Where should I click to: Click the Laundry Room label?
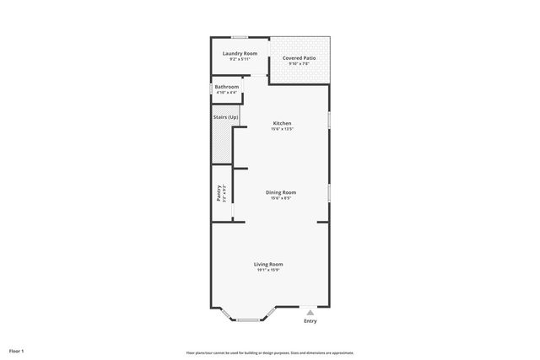[240, 54]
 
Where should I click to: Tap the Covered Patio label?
[300, 58]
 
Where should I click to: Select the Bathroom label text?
[226, 87]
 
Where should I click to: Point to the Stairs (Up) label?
[224, 116]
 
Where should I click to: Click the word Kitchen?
[281, 124]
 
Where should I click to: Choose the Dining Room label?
[281, 192]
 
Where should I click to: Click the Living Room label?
[268, 264]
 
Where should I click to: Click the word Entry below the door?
[310, 321]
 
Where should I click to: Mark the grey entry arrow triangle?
[310, 313]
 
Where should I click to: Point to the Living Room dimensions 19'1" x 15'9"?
[268, 270]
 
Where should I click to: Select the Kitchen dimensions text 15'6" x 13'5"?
[281, 130]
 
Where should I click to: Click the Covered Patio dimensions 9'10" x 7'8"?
[300, 64]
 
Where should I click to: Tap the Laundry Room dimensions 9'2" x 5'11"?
[240, 60]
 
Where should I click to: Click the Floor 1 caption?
[17, 351]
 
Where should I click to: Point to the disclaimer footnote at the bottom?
[270, 352]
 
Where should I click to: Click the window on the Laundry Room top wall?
[240, 36]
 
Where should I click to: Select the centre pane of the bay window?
[248, 320]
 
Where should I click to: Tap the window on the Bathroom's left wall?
[211, 88]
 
